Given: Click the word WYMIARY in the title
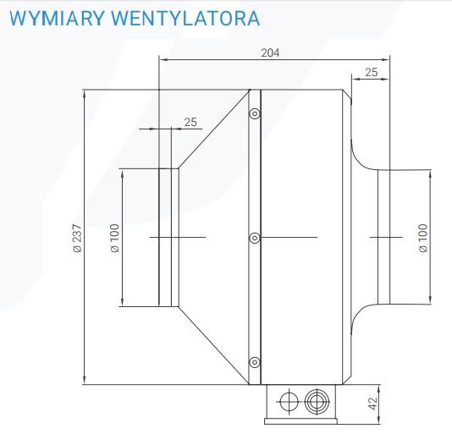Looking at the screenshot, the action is click(57, 18).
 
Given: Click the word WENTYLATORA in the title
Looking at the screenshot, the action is click(185, 18).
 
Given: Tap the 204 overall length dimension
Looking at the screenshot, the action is click(270, 52).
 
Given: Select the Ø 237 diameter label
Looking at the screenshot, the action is click(78, 238).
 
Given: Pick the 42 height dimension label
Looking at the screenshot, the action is click(372, 404).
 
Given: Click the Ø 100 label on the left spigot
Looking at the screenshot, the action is click(115, 238).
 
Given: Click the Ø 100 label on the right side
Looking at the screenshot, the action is click(423, 238).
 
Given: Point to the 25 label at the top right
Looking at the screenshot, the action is click(372, 72).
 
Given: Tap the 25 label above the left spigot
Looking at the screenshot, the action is click(190, 122).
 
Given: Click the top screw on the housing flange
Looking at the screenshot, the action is click(255, 113).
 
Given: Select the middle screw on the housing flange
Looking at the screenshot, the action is click(255, 238).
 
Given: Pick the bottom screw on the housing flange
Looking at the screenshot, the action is click(255, 362).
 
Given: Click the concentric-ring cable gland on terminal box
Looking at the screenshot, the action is click(317, 401).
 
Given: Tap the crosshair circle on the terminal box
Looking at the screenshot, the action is click(289, 401).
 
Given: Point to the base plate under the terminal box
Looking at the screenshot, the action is click(300, 421).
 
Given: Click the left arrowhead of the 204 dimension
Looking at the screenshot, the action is click(163, 59).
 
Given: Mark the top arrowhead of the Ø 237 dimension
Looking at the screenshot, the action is click(84, 94).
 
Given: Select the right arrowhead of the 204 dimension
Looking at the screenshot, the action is click(385, 59).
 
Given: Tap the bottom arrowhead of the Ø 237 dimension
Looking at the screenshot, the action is click(84, 380).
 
